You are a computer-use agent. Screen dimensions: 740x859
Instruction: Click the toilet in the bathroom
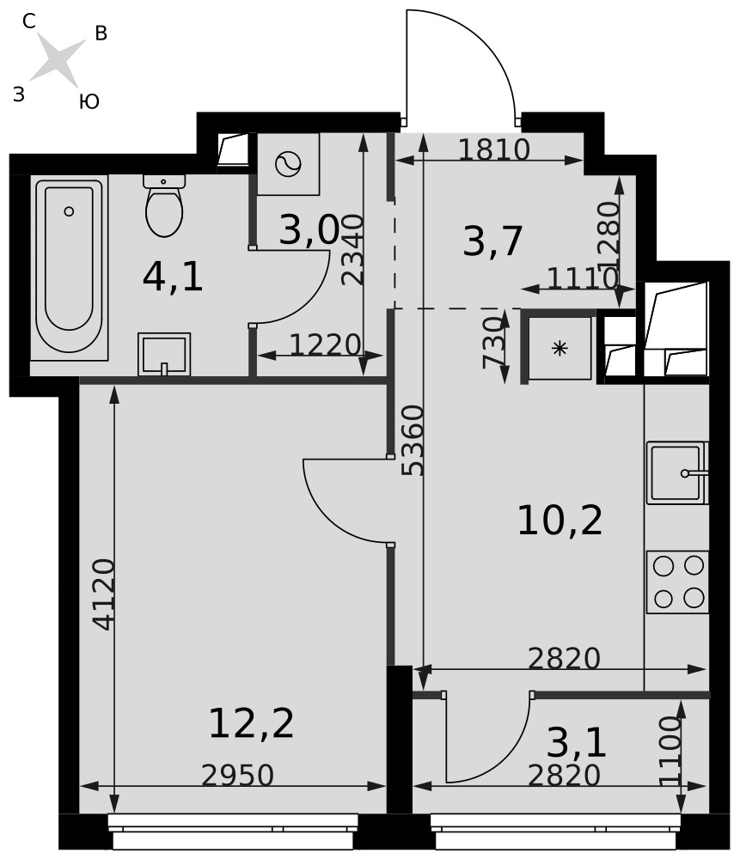click(x=164, y=205)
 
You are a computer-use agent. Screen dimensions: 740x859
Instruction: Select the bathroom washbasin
click(x=164, y=354)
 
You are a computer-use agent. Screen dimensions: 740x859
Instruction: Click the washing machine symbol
click(x=288, y=164)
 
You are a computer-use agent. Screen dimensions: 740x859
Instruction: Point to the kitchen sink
click(x=677, y=472)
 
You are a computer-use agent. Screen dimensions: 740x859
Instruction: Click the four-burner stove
click(x=678, y=582)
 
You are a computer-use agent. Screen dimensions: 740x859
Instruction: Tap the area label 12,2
click(x=252, y=723)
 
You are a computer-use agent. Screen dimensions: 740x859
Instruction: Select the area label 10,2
click(x=560, y=521)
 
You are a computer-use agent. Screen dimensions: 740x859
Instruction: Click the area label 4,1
click(x=173, y=277)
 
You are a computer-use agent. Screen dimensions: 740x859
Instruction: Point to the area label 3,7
click(x=492, y=241)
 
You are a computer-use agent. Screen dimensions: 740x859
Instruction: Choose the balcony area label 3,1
click(x=577, y=743)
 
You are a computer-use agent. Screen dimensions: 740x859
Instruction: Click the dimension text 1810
click(x=494, y=149)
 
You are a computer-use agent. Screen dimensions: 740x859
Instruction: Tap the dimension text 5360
click(x=413, y=441)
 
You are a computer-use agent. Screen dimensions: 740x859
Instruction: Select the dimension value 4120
click(x=104, y=594)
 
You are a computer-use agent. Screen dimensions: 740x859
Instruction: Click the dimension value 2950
click(x=237, y=775)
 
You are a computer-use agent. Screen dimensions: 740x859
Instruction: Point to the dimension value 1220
click(x=325, y=345)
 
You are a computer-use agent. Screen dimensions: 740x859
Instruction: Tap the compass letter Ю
click(x=89, y=101)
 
